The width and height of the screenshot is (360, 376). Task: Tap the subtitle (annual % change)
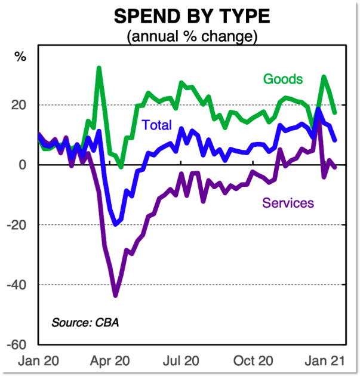(x=192, y=36)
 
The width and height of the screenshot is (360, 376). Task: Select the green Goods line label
(x=283, y=79)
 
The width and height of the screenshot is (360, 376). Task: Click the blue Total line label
(x=156, y=125)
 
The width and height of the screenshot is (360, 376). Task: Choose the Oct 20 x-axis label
(x=253, y=361)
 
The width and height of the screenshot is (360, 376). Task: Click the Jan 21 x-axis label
(x=323, y=361)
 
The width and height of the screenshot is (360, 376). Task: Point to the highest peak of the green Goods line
(x=99, y=68)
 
